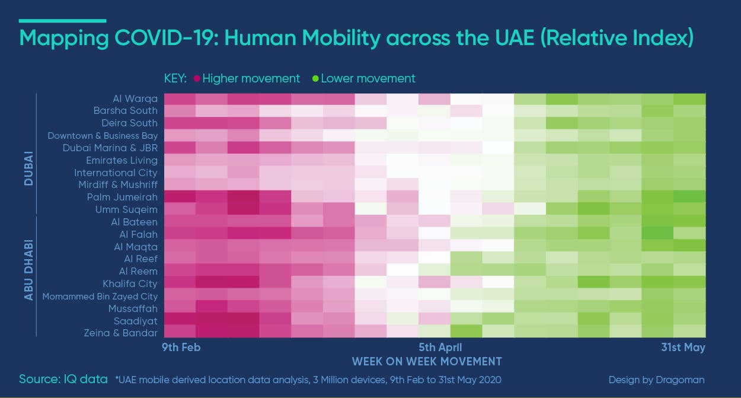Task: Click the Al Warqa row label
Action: [x=135, y=98]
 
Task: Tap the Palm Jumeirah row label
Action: [x=122, y=197]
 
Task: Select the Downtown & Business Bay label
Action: [x=103, y=136]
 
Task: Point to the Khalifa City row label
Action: [x=130, y=284]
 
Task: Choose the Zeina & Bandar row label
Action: [x=120, y=333]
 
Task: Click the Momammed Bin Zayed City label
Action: [x=100, y=297]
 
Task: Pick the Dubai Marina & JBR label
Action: [x=110, y=148]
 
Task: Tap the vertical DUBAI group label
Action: [x=29, y=168]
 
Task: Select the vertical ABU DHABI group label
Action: [x=29, y=270]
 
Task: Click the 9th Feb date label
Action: [x=181, y=348]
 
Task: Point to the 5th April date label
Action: [x=440, y=348]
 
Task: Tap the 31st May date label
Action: [x=683, y=348]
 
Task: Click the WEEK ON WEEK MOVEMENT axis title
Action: [x=427, y=361]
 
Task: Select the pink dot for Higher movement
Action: [x=197, y=79]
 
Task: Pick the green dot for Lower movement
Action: [x=315, y=79]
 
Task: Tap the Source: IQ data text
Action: [x=63, y=379]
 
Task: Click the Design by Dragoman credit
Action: [x=656, y=380]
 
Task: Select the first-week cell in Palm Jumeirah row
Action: [x=180, y=197]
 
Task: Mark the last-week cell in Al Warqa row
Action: [x=690, y=99]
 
